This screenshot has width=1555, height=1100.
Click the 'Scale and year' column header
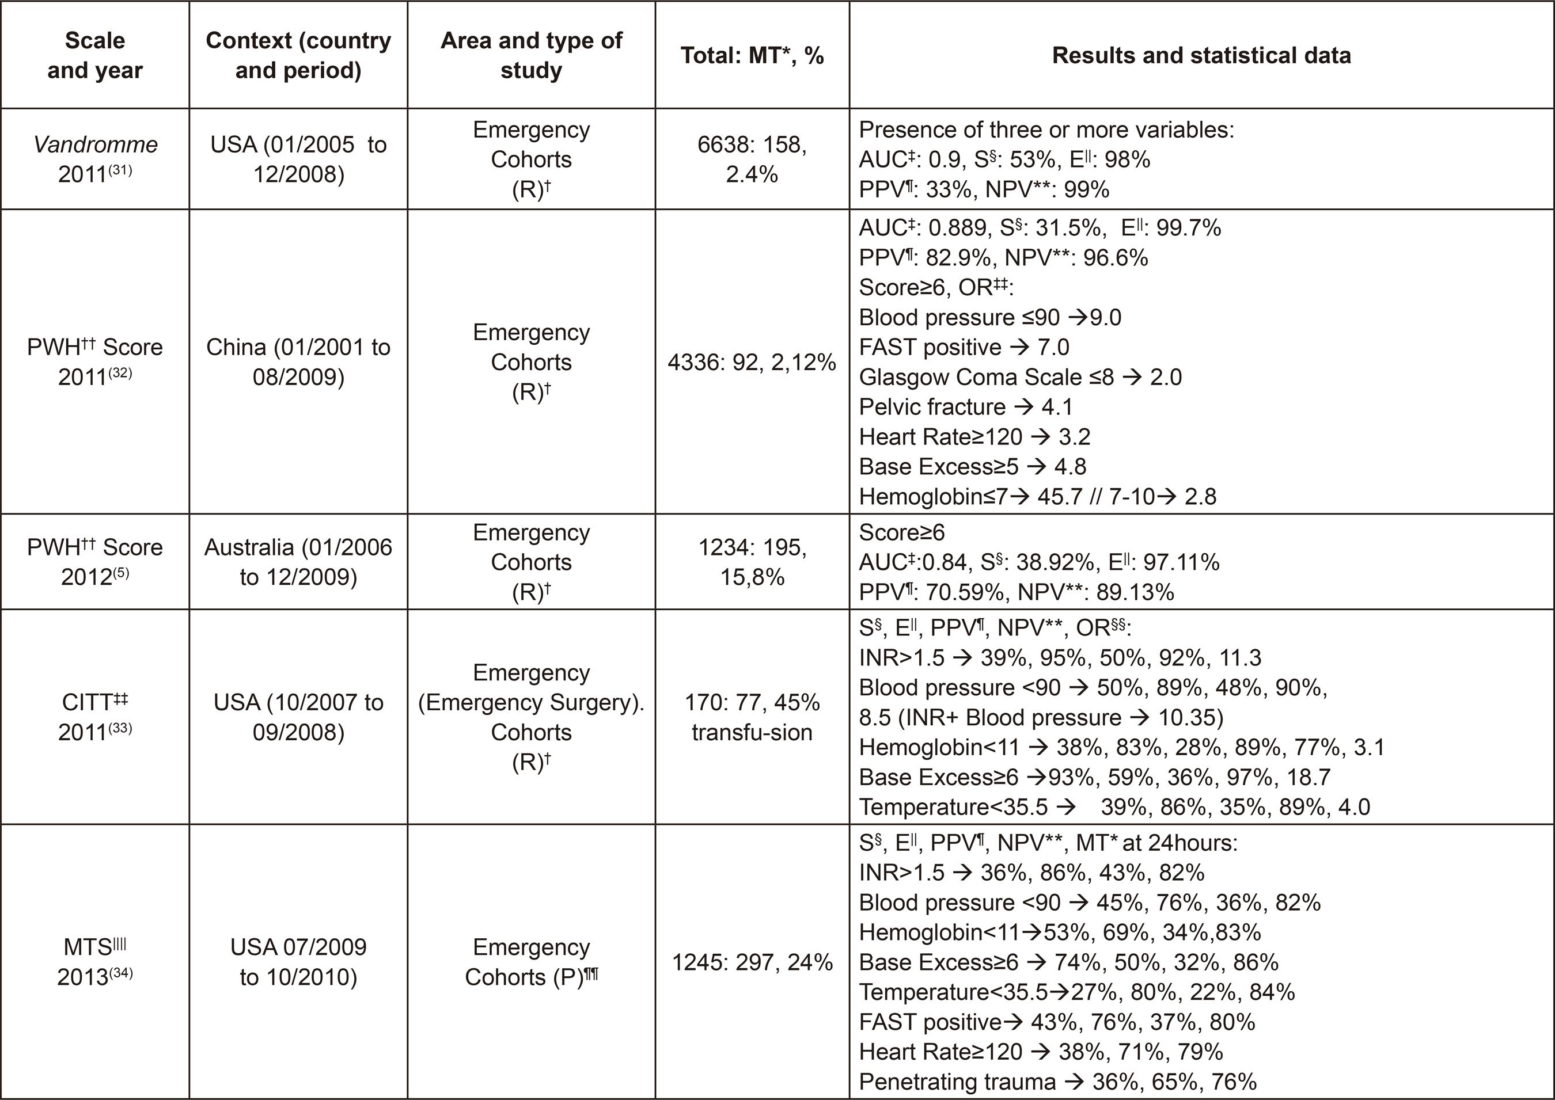pyautogui.click(x=95, y=55)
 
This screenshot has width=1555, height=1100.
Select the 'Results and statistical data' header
pyautogui.click(x=1201, y=55)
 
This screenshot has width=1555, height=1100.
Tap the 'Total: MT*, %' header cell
pyautogui.click(x=752, y=55)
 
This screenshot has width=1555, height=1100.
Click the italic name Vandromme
pyautogui.click(x=96, y=144)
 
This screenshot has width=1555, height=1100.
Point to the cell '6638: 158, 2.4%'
pyautogui.click(x=752, y=159)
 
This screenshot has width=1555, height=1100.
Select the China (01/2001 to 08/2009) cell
pyautogui.click(x=298, y=361)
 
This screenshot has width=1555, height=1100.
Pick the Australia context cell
pyautogui.click(x=298, y=562)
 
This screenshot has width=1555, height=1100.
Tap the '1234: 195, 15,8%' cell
pyautogui.click(x=752, y=562)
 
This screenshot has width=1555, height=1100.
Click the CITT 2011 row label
pyautogui.click(x=95, y=717)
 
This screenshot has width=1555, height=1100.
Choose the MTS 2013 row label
pyautogui.click(x=95, y=961)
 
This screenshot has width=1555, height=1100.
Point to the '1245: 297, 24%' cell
pyautogui.click(x=752, y=962)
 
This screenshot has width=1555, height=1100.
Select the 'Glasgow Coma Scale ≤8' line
pyautogui.click(x=1020, y=376)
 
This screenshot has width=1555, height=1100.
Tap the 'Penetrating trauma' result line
pyautogui.click(x=1057, y=1081)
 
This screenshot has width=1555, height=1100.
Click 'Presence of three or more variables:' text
pyautogui.click(x=1046, y=130)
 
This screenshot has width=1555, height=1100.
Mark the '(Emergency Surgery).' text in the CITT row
pyautogui.click(x=531, y=702)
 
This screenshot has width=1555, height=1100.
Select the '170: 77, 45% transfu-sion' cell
pyautogui.click(x=752, y=717)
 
